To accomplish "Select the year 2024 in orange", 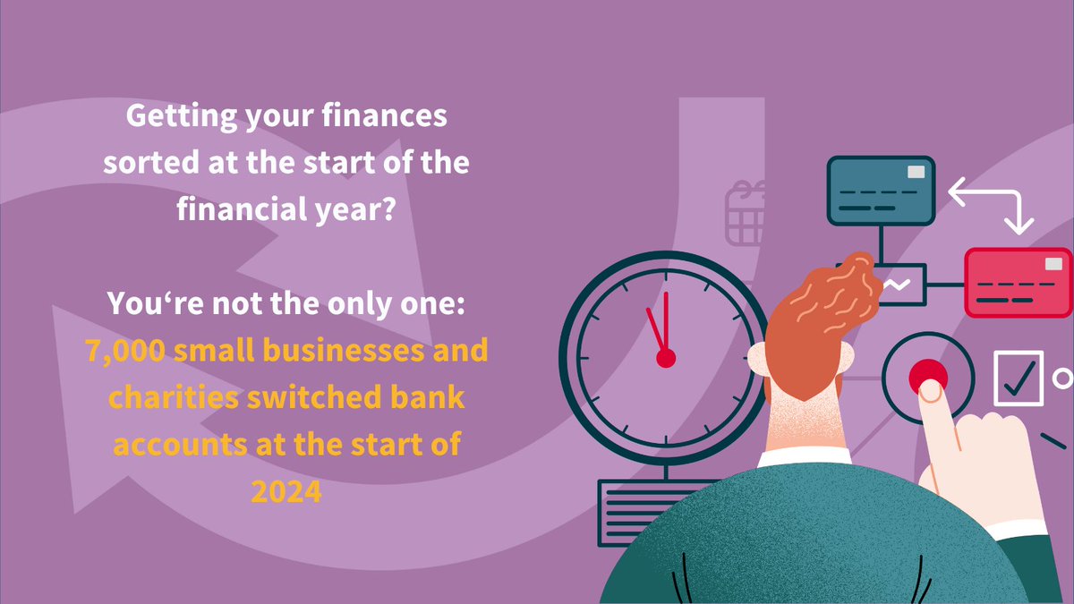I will pos(286,492).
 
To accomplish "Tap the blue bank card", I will pos(880,190).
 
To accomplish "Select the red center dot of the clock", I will pos(665,358).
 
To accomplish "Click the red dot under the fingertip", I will pos(926,377).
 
